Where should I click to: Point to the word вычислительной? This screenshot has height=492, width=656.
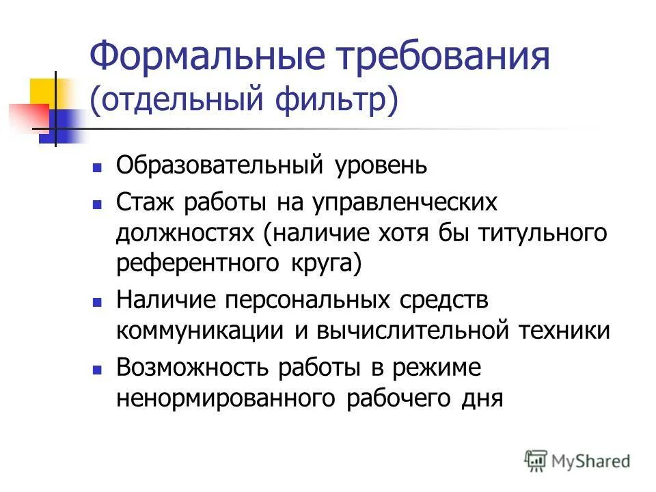click(411, 331)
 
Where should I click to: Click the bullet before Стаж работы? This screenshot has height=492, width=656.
click(97, 204)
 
